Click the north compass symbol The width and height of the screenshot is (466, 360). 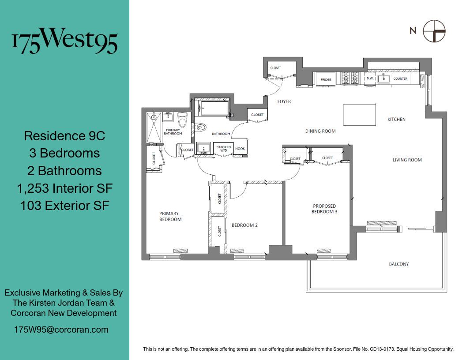coord(434,31)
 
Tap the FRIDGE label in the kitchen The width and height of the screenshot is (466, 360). coord(326,80)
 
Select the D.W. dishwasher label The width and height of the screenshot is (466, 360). coord(370,79)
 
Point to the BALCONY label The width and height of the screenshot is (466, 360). coord(398,264)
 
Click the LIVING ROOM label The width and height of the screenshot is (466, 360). coord(407,160)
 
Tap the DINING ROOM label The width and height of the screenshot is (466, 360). coord(320,131)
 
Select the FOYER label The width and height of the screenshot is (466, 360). coord(284,102)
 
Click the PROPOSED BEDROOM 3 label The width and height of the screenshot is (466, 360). coord(324,209)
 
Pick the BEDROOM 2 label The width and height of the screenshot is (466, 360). coord(244,225)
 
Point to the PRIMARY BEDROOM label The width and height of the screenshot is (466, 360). coord(170,217)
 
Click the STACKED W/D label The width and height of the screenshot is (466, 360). coord(224,149)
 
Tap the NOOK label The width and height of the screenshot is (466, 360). coord(240,149)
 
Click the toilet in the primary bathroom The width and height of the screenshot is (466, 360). coord(182,120)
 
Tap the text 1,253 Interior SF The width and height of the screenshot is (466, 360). coord(64,188)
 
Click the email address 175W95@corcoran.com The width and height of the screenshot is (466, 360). coord(61,330)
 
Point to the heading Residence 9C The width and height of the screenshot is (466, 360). coord(64,135)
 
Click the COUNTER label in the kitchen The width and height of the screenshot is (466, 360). coord(400,79)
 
